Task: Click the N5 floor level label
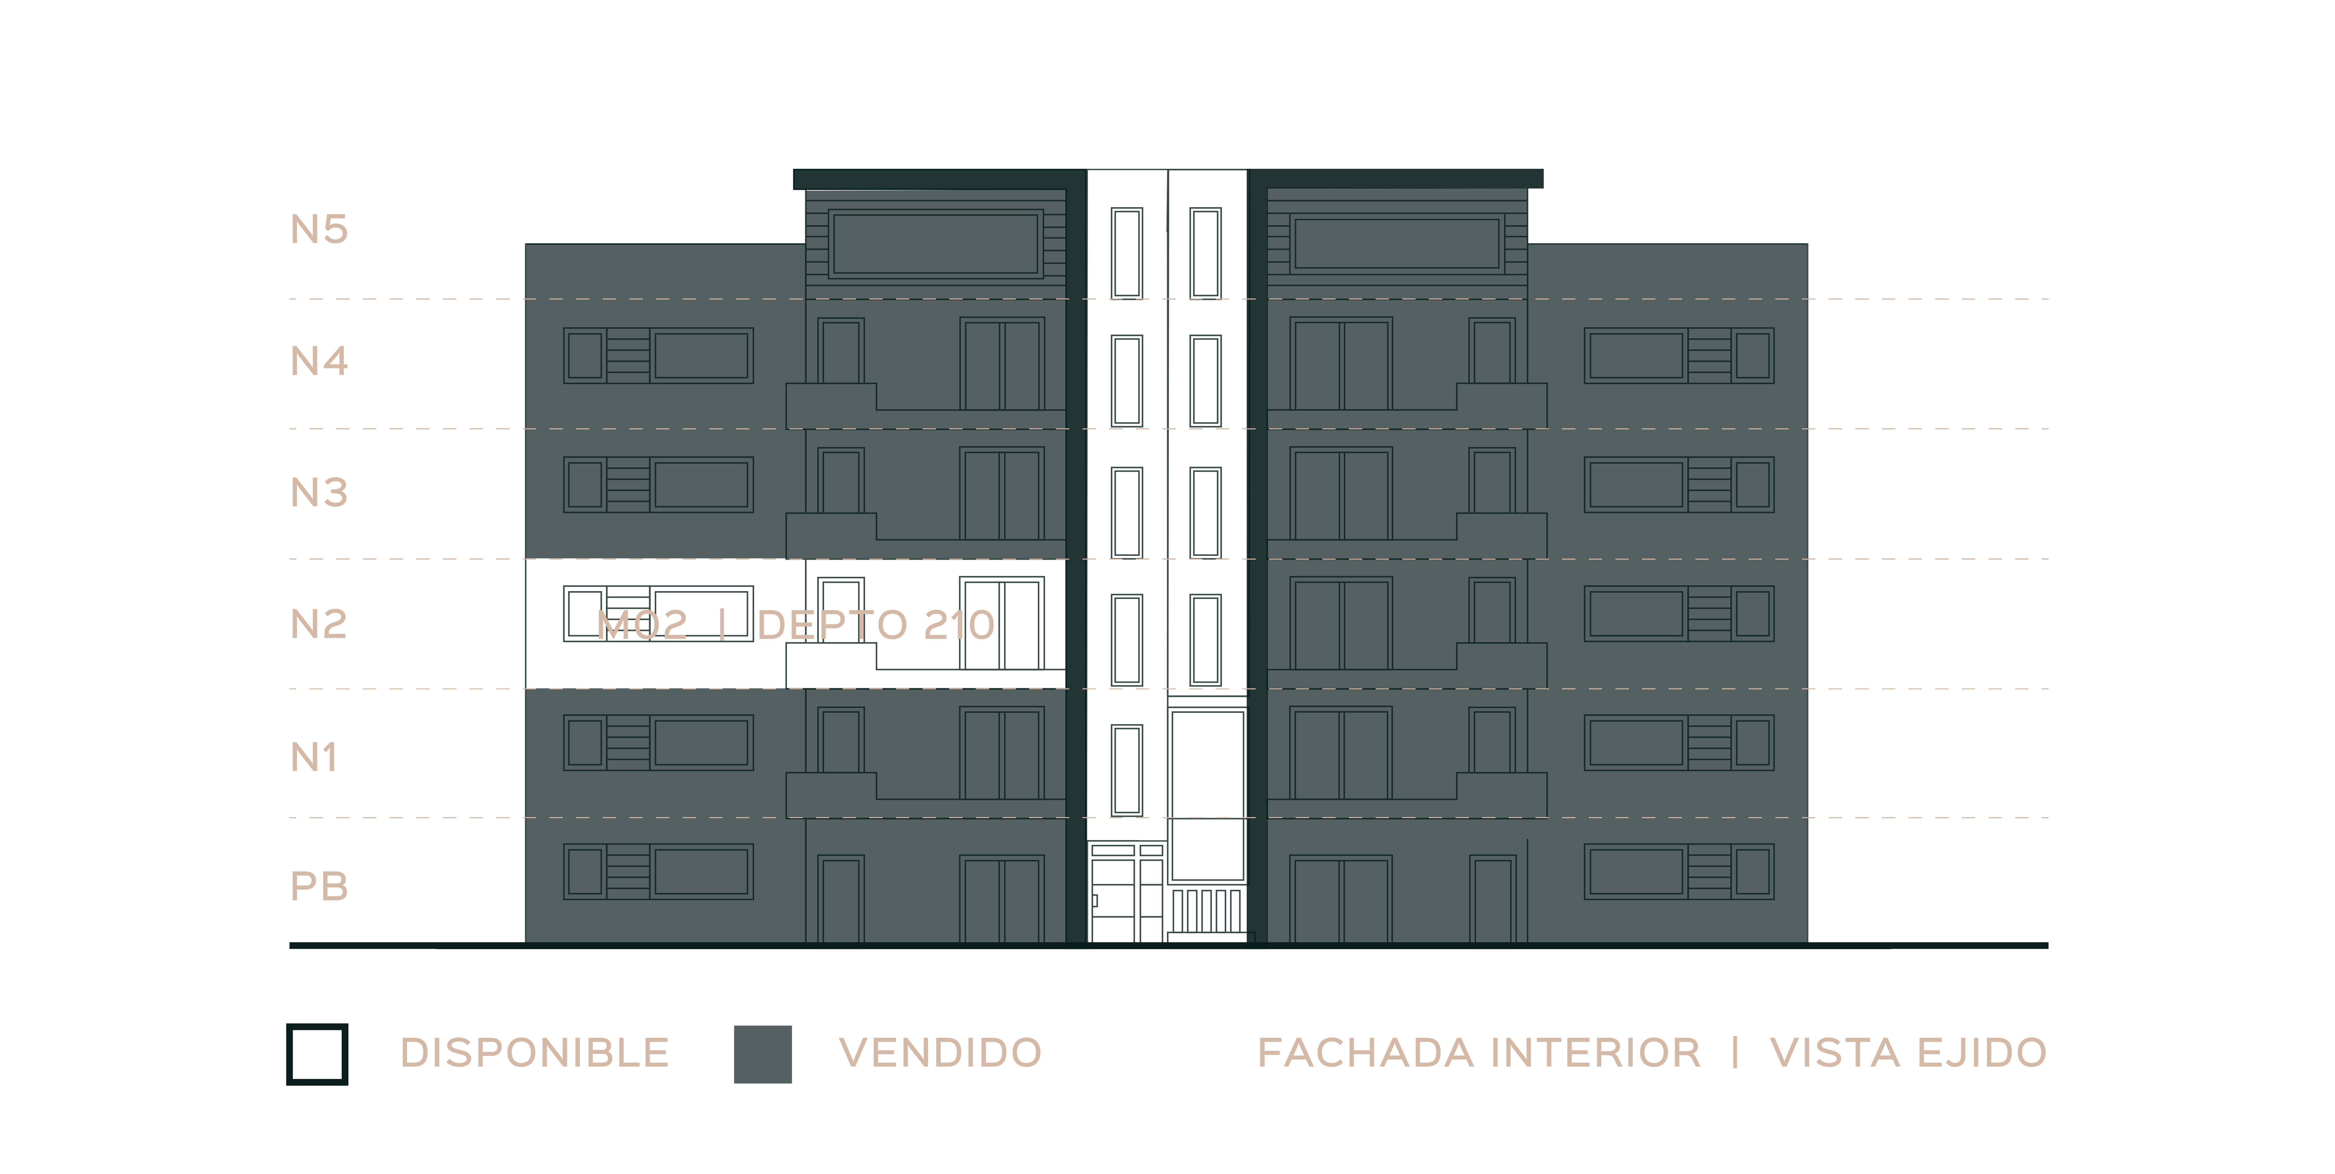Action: pos(319,229)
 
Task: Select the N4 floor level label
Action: pos(319,361)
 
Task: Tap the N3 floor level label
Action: pos(319,492)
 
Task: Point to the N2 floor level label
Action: pos(319,624)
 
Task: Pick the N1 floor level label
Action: pos(314,757)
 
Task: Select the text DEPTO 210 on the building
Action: pos(876,625)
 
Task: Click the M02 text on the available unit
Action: pos(643,625)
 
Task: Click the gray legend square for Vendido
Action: pos(762,1054)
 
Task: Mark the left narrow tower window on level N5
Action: pos(1127,253)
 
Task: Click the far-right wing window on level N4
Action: pos(1679,356)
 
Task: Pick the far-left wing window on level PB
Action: pos(658,872)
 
